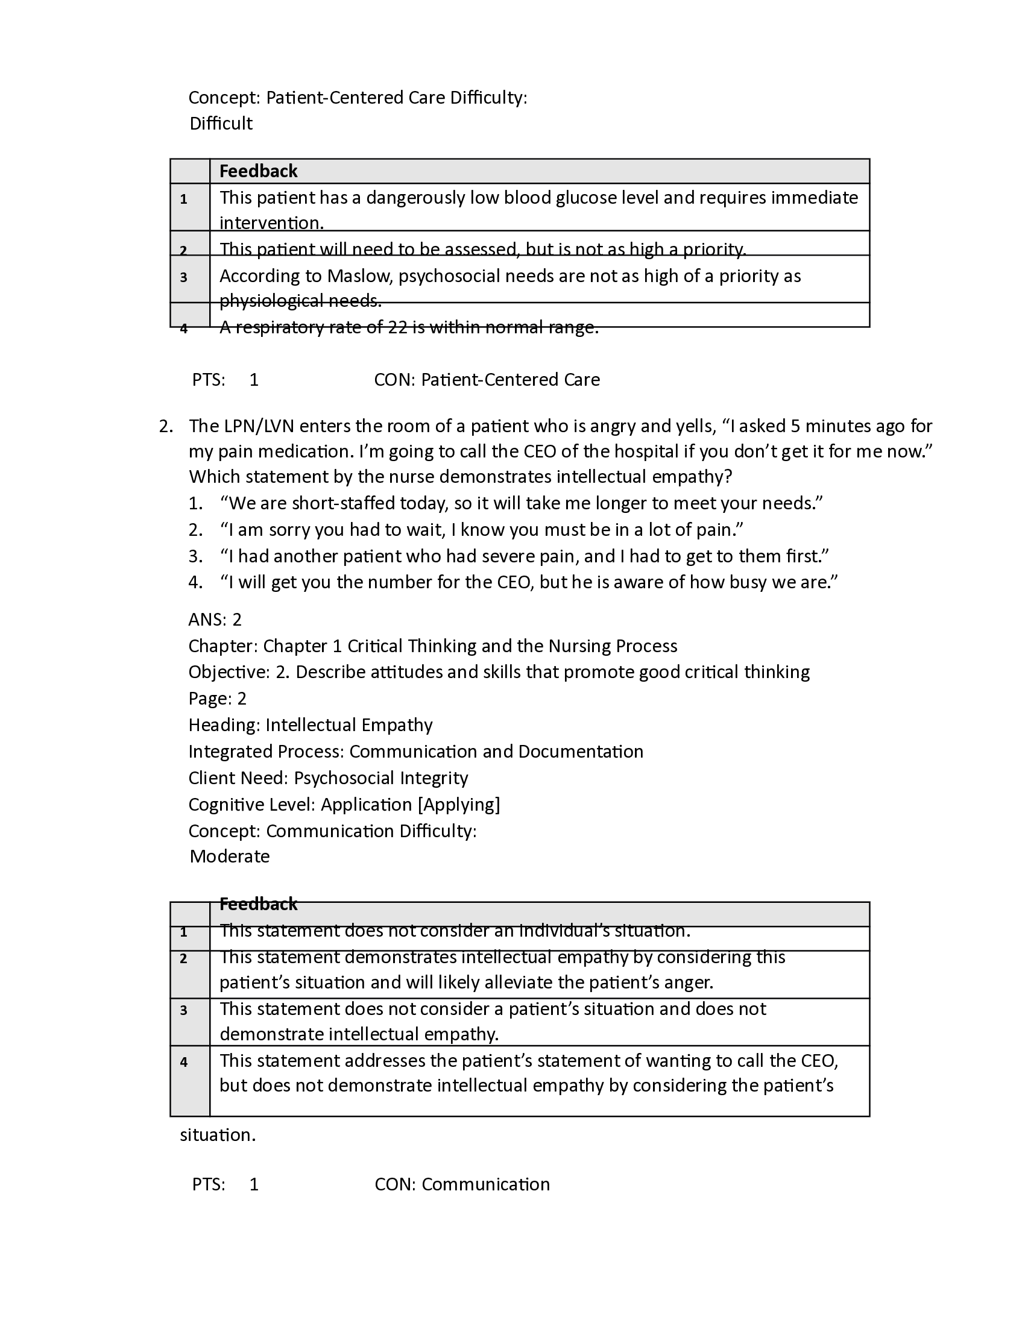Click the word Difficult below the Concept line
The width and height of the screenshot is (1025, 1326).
(221, 124)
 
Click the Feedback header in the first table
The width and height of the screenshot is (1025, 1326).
(258, 171)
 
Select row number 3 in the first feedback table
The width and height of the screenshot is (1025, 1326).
(183, 278)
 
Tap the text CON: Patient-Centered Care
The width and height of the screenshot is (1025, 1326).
(487, 380)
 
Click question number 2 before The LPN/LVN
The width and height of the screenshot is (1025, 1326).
(165, 426)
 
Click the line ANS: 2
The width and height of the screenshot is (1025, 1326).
(215, 620)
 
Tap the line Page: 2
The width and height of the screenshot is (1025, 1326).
(218, 699)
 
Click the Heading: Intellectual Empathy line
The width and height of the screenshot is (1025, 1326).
(311, 725)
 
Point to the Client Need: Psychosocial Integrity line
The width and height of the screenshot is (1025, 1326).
(328, 778)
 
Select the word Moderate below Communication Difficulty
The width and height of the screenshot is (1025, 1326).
(230, 856)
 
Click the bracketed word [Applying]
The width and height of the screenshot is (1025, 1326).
(459, 805)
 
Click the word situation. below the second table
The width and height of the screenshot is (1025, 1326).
(218, 1135)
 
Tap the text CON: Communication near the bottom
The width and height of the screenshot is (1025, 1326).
(462, 1184)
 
